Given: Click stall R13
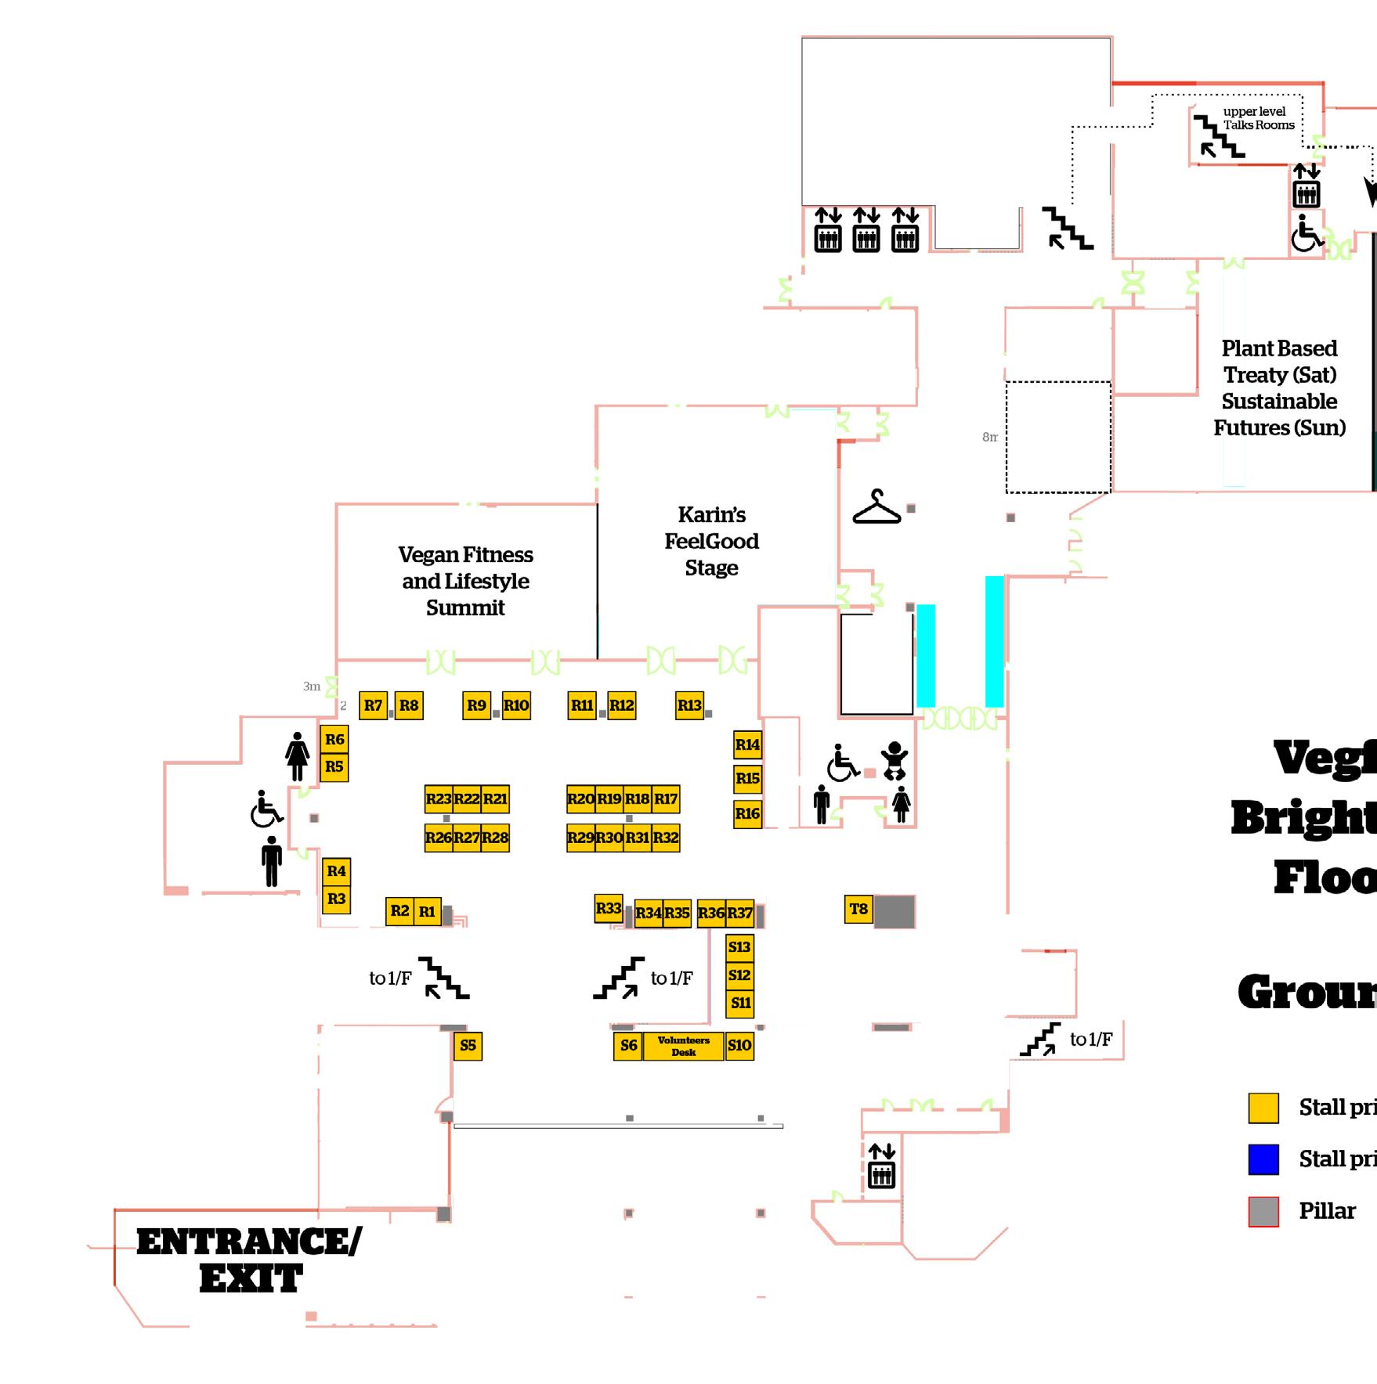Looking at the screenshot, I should pos(689,705).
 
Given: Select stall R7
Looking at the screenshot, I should pos(373,705).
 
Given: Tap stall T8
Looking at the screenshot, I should pos(858,909).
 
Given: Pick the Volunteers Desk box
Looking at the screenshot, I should pos(683,1046).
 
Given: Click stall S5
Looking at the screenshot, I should pos(468,1045).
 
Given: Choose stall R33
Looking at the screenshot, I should pos(609,908).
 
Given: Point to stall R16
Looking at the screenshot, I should pos(747,813).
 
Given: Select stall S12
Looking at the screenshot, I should pos(739,975).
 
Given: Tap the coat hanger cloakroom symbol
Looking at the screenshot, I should pos(876,507).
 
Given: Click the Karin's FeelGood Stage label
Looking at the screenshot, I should pos(711,541).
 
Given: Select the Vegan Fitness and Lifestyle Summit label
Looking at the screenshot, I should pos(465,581).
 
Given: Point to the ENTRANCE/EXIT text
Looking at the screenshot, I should pos(249,1261).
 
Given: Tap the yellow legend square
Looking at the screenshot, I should pos(1263,1108).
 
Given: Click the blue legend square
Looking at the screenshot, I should pos(1263,1159).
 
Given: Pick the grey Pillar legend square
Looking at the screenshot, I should pos(1263,1211).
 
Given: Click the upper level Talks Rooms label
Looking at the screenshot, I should pos(1258,118).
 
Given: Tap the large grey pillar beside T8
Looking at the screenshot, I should pos(894,911).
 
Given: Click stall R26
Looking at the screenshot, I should pos(439,838).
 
